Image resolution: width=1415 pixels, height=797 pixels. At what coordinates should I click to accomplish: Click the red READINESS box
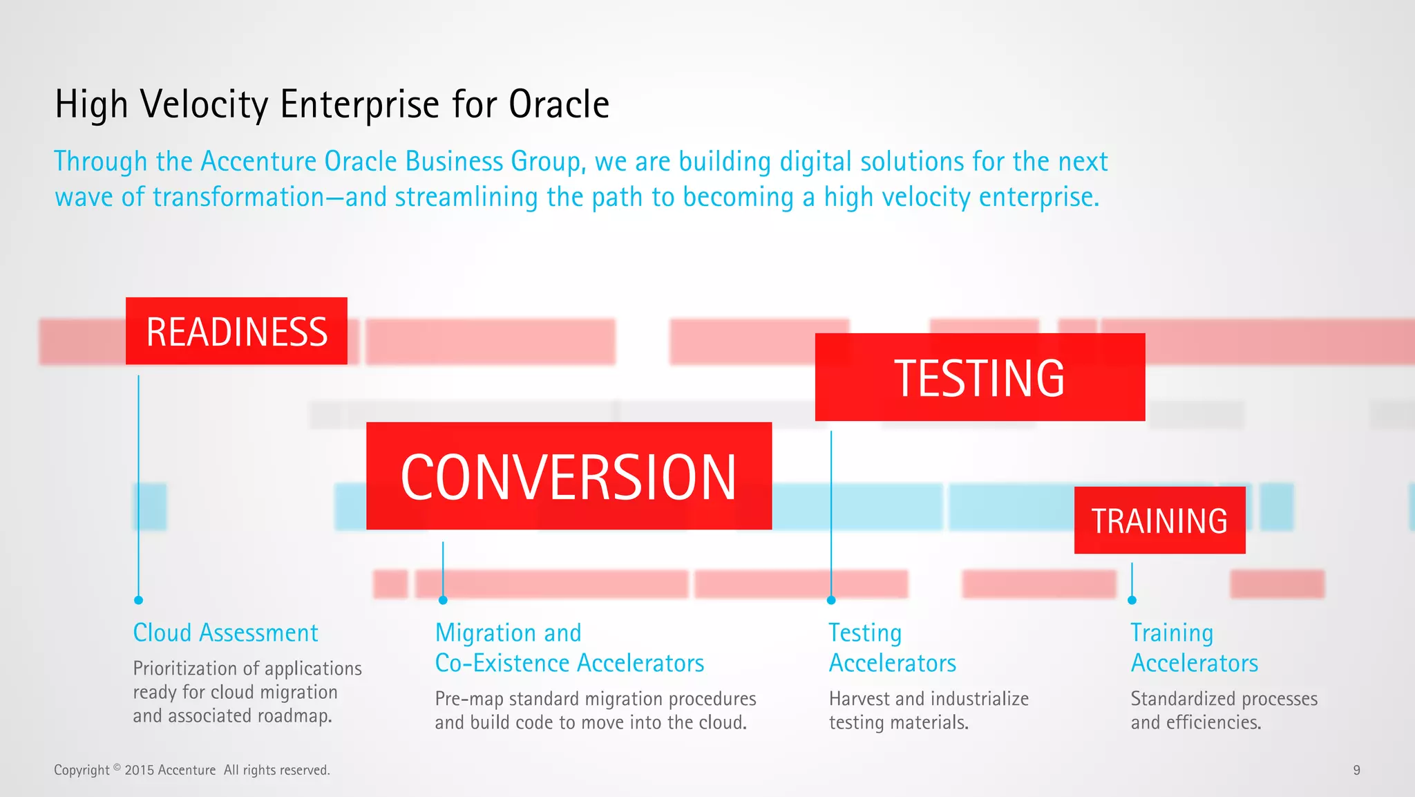[236, 331]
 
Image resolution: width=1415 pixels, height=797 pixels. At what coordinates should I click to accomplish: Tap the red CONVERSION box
[569, 476]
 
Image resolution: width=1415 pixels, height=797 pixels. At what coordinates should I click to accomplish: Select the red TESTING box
[980, 377]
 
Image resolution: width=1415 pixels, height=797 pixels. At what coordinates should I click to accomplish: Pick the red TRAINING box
[1159, 521]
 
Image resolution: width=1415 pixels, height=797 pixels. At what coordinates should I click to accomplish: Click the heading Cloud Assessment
[225, 633]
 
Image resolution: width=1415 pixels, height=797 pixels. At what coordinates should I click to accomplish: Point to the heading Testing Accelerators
[891, 648]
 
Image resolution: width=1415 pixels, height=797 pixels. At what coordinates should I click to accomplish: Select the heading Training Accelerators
[1193, 648]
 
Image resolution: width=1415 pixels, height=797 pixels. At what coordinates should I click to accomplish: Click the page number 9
[1356, 770]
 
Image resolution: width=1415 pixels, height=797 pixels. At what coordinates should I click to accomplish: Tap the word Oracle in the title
[558, 104]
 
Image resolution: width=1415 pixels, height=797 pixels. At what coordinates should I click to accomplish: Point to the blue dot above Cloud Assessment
[138, 600]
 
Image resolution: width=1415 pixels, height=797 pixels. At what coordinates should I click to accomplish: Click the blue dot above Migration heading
[443, 600]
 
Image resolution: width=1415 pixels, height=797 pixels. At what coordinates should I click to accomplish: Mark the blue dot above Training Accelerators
[1132, 600]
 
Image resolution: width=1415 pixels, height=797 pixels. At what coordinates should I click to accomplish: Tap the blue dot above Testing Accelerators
[831, 600]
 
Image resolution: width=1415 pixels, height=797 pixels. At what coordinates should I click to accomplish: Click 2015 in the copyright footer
[140, 770]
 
